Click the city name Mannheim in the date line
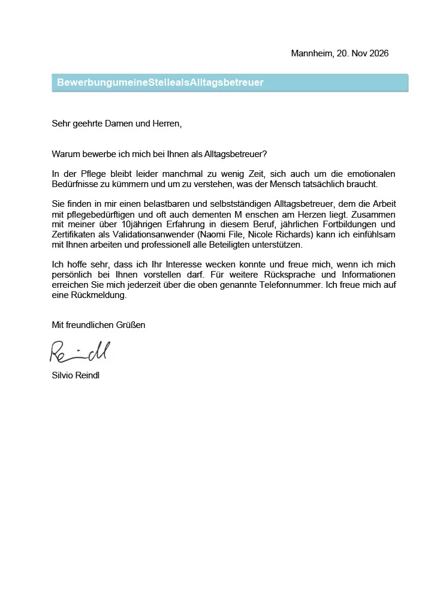[311, 53]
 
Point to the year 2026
[379, 53]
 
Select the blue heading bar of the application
[230, 83]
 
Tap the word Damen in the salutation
[118, 124]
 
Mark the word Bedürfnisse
[76, 184]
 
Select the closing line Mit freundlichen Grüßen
[99, 325]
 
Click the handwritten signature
[80, 352]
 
